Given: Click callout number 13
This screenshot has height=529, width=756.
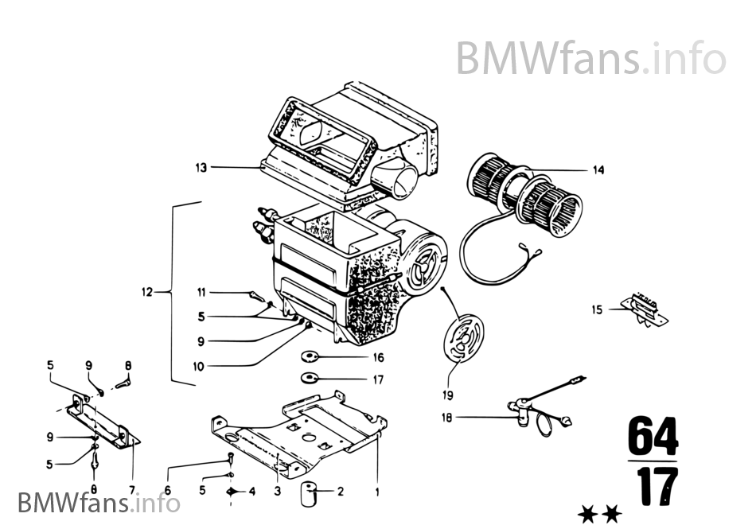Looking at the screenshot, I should (201, 167).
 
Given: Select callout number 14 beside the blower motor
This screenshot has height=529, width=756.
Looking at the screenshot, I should (598, 169).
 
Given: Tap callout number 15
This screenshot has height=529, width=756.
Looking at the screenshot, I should (597, 309).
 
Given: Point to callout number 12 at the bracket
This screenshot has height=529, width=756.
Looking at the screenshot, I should (146, 293).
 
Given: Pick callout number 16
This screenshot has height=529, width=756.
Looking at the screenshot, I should (378, 358).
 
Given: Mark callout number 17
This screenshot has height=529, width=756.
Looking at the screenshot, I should (378, 379).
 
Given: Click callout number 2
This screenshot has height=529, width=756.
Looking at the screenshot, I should (340, 492).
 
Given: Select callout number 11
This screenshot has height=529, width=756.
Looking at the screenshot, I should (201, 292).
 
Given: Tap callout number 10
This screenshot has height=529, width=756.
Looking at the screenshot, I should (198, 367).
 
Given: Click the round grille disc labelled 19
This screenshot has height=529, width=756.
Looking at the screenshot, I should (461, 341).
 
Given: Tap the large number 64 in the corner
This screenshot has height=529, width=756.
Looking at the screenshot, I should (653, 436).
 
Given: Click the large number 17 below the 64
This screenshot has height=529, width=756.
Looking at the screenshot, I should (653, 488).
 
